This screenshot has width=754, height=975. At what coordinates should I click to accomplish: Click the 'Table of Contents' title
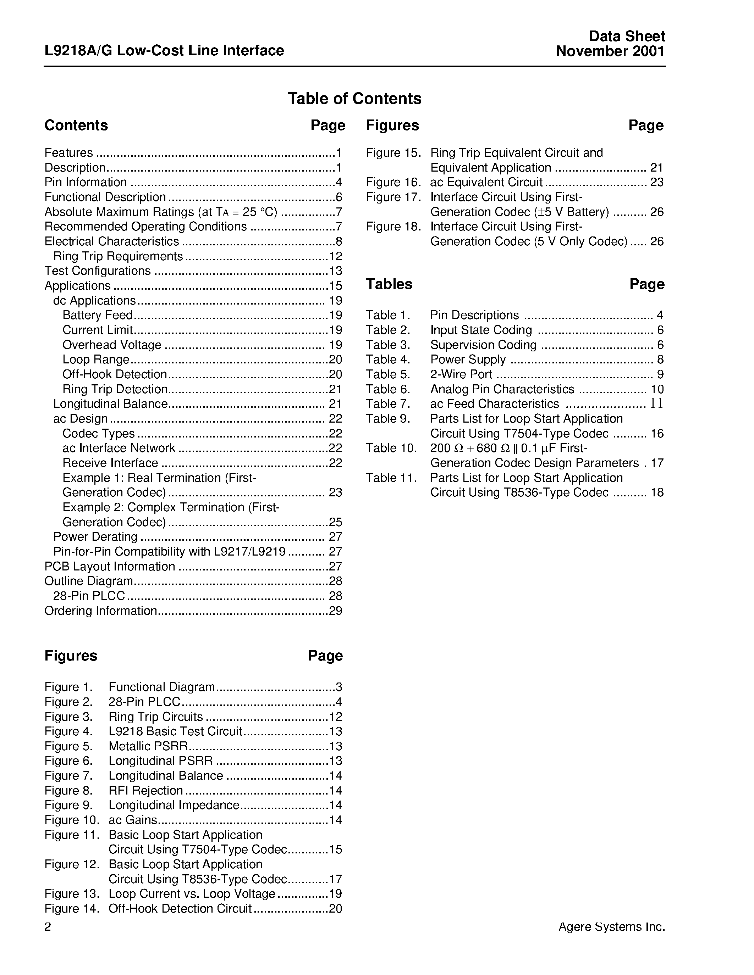coord(354,99)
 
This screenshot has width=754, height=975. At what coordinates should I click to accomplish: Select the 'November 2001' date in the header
coord(610,51)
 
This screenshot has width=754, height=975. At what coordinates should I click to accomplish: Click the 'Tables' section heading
coord(389,284)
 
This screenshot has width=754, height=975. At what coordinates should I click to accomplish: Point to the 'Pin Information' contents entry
coord(86,182)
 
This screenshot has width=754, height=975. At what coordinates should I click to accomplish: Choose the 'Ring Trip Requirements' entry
coord(118,256)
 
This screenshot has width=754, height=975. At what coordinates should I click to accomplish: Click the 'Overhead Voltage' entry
coord(112,345)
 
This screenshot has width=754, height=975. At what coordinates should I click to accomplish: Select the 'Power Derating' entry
coord(95,537)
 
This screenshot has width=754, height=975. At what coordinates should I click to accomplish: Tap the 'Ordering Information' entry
coord(100,611)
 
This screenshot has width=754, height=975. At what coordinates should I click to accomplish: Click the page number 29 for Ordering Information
coord(335,611)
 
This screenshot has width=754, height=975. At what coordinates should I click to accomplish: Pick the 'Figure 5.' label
coord(68,746)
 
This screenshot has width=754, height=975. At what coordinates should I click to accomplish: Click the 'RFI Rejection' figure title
coord(145,790)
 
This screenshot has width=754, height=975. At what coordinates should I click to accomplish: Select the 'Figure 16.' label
coord(393,182)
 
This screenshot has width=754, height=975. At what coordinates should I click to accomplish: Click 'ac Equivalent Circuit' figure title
coord(486,182)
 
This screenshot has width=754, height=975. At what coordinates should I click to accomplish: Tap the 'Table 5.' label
coord(388,374)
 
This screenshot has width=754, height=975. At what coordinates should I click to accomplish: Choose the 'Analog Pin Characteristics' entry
coord(502,389)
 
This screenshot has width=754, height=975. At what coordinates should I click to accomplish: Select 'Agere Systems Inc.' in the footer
coord(611,927)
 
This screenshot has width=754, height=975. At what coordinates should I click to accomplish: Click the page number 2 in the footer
coord(48,927)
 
